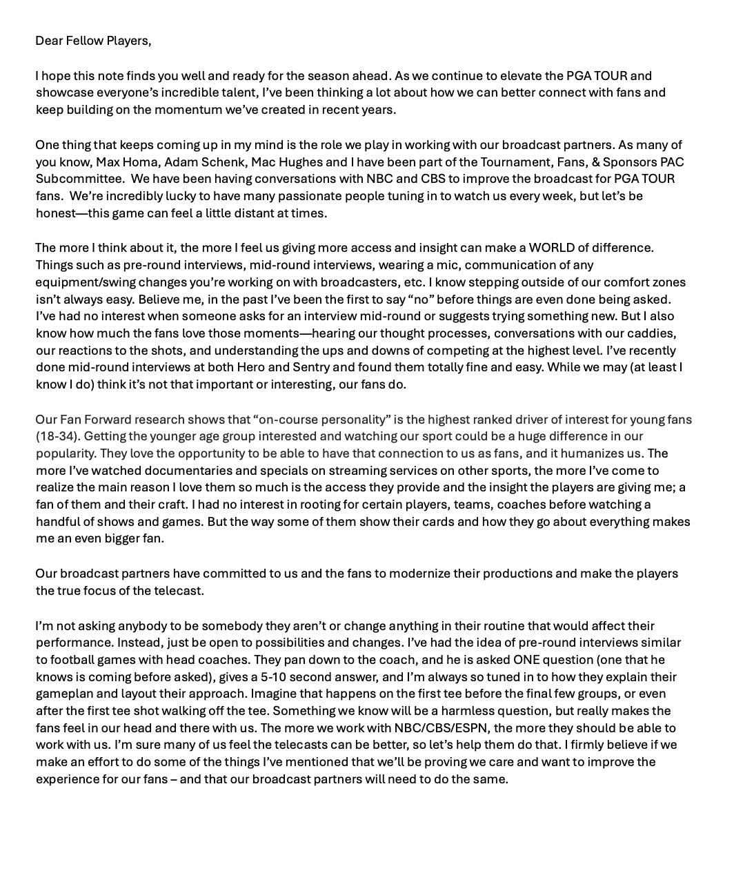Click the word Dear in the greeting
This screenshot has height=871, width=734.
point(49,41)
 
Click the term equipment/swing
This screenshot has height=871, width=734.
point(85,282)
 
